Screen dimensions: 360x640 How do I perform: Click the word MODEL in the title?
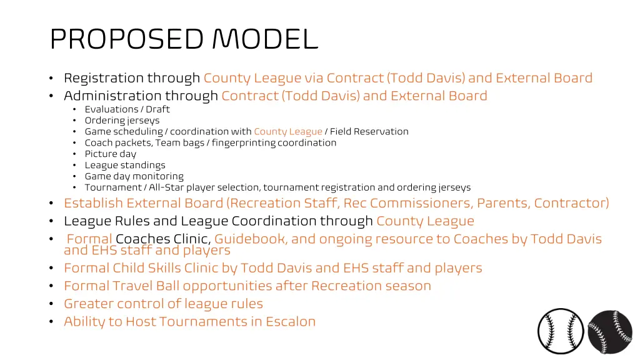coord(265,39)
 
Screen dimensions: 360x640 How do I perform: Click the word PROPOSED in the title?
coord(127,39)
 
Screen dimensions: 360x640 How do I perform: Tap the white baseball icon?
coord(561,332)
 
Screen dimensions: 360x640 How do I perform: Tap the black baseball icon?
coord(610,332)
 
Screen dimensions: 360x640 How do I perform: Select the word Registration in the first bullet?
coord(104,78)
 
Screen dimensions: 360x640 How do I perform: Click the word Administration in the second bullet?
coord(112,96)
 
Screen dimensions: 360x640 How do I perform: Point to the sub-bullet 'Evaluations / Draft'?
coord(127,109)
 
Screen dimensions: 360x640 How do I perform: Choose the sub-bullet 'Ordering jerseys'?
coord(122,121)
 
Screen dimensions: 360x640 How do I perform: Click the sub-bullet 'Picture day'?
coord(110,154)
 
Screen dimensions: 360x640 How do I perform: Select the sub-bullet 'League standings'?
coord(125,166)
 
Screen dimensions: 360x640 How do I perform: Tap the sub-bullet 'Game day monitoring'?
coord(134,177)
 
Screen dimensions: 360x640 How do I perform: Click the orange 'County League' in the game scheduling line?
coord(287,132)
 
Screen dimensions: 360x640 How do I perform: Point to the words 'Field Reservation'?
coord(369,132)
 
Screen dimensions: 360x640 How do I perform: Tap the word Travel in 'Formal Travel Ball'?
coord(132,286)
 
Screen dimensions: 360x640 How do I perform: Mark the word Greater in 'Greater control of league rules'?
coord(86,304)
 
